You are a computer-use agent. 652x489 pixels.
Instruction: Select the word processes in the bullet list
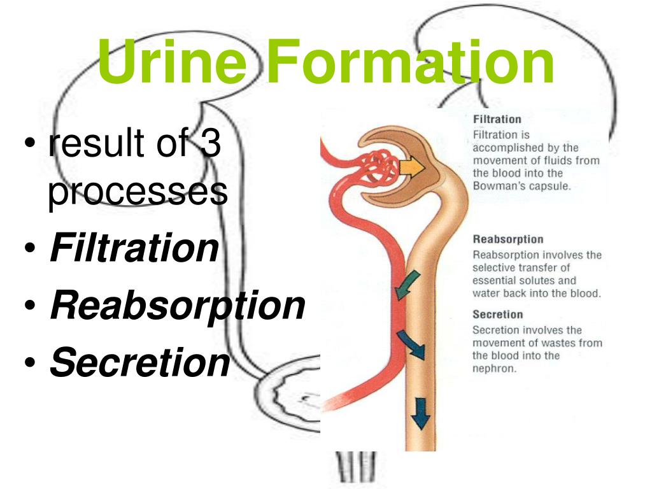click(137, 191)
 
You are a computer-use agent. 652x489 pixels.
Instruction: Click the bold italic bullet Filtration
click(134, 248)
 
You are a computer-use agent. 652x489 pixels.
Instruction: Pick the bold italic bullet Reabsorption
click(178, 306)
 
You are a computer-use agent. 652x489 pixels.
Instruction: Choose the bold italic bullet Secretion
click(139, 362)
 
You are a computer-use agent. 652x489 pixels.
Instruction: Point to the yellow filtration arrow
click(413, 167)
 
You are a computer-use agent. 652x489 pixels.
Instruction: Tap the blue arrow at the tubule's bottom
click(420, 412)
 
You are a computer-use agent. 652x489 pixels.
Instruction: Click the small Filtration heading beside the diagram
click(497, 119)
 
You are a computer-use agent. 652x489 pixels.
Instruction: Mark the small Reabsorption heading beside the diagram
click(507, 239)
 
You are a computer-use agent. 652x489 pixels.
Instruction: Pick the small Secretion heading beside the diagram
click(497, 315)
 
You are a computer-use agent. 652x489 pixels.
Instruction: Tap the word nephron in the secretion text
click(493, 368)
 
